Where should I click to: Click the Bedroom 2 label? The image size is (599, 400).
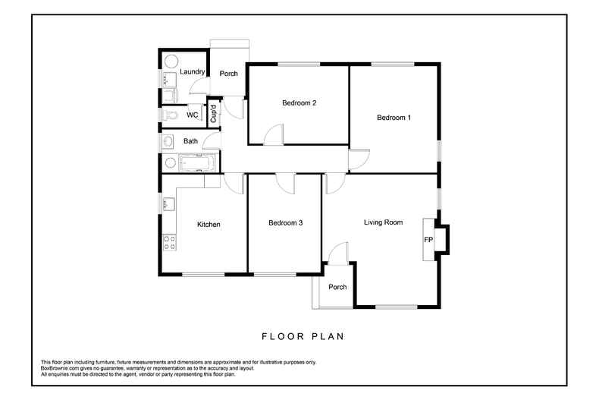pos(299,103)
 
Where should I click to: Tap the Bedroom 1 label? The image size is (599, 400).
pos(394,118)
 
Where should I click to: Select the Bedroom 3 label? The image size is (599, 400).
pos(286,223)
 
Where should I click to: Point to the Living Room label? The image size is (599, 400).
pos(383,222)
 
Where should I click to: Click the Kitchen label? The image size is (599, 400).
pos(209,225)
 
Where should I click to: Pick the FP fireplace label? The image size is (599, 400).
pos(428,241)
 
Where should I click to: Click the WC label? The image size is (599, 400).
pos(193,115)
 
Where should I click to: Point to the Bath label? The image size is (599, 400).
pos(190,141)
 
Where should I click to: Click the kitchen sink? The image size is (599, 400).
pos(168,203)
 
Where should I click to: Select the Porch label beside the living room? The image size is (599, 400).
pos(337,287)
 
